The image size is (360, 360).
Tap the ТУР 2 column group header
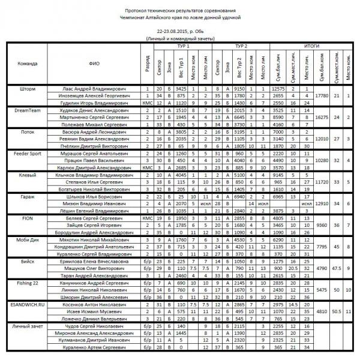(x=241, y=46)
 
